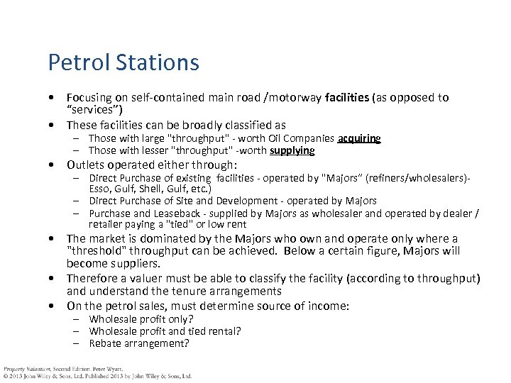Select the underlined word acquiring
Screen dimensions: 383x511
tap(360, 138)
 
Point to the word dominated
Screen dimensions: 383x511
tap(165, 239)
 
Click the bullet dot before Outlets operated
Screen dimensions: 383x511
tap(53, 165)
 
